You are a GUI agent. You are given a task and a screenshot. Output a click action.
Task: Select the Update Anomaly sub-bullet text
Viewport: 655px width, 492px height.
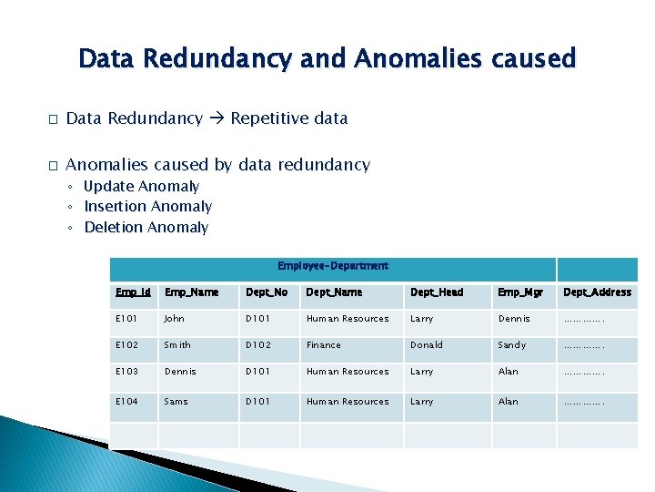pyautogui.click(x=141, y=187)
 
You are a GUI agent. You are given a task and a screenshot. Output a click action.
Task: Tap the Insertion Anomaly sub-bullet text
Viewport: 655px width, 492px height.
pyautogui.click(x=147, y=207)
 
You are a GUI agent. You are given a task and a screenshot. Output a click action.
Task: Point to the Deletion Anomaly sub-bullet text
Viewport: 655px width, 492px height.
pyautogui.click(x=146, y=228)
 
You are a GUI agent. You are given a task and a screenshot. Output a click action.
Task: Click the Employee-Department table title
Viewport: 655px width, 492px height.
pyautogui.click(x=332, y=266)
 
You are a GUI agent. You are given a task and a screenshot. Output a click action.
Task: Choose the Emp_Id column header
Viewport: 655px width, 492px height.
pyautogui.click(x=133, y=292)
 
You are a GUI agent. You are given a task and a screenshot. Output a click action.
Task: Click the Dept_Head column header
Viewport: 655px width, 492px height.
pyautogui.click(x=437, y=292)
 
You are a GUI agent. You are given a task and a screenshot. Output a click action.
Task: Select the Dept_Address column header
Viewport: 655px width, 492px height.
pyautogui.click(x=597, y=292)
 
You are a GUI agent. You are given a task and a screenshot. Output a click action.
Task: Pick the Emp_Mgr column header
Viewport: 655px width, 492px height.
pyautogui.click(x=519, y=292)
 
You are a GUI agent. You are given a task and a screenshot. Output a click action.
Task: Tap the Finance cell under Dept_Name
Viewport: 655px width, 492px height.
pyautogui.click(x=323, y=345)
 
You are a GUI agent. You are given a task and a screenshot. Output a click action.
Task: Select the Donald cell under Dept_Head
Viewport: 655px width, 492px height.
pyautogui.click(x=426, y=345)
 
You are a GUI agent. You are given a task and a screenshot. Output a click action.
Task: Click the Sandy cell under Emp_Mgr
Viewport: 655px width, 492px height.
pyautogui.click(x=511, y=345)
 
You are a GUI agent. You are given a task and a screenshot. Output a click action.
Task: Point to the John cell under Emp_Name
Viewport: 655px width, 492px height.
pyautogui.click(x=174, y=319)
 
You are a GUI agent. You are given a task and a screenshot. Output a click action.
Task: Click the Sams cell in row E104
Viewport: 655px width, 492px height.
pyautogui.click(x=176, y=401)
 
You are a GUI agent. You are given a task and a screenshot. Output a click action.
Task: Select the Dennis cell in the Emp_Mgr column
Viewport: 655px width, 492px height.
pyautogui.click(x=513, y=319)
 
